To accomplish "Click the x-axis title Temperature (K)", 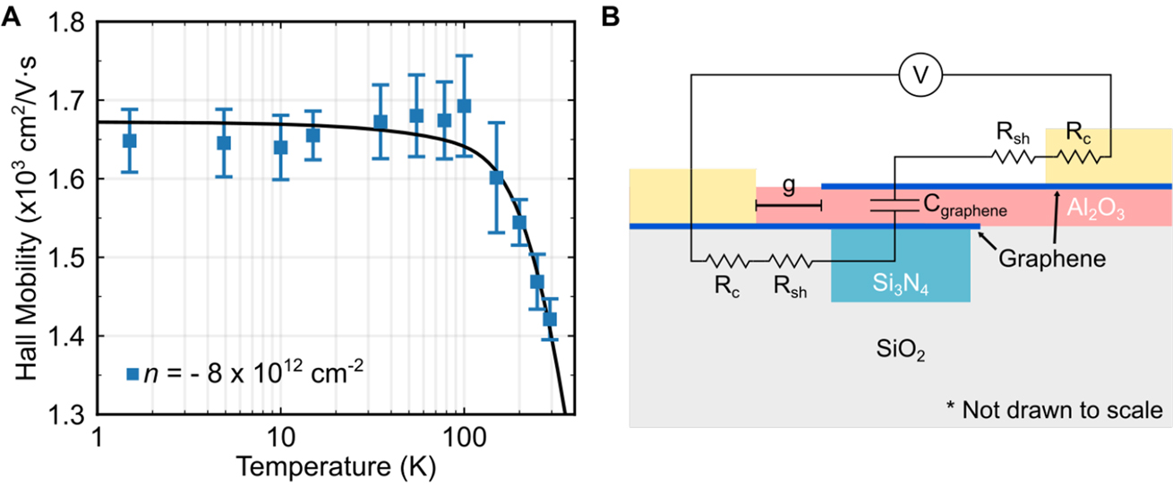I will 331,464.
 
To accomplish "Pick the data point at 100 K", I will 464,106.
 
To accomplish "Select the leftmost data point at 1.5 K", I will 130,140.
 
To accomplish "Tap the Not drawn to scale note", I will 1054,411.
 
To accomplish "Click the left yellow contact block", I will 692,195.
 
